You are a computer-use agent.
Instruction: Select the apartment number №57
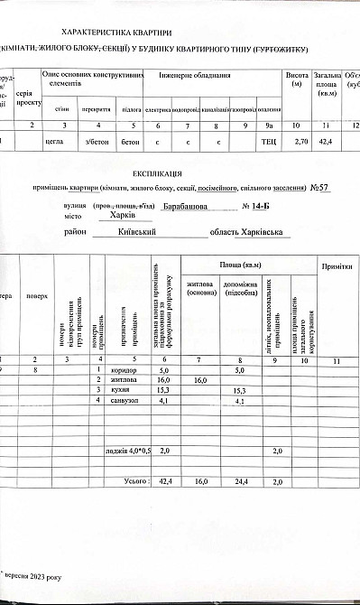pyautogui.click(x=318, y=188)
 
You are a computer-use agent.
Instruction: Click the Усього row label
pyautogui.click(x=135, y=484)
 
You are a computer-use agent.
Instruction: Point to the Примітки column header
pyautogui.click(x=335, y=269)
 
